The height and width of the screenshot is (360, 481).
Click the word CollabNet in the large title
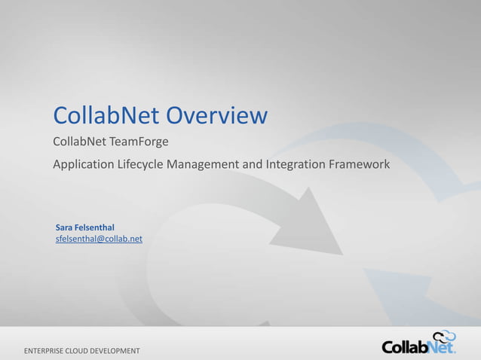(106, 116)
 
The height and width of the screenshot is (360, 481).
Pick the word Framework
(360, 164)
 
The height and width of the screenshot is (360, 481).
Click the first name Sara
(64, 227)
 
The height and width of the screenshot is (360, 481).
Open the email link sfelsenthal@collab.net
(99, 239)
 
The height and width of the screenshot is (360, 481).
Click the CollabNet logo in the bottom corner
(418, 346)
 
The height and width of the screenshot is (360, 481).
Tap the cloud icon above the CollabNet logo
(444, 336)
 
